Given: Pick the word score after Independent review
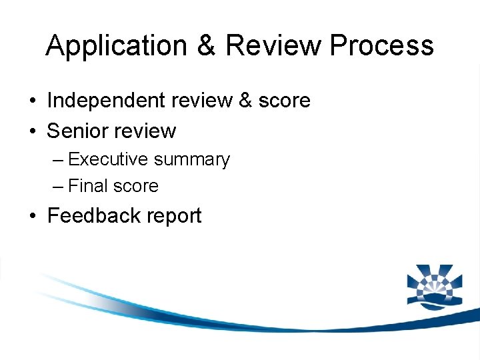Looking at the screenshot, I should click(284, 101).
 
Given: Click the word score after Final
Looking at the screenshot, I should click(135, 186).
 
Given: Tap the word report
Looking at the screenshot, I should click(173, 217).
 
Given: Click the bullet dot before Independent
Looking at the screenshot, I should click(32, 101).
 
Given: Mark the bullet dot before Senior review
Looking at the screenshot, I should click(32, 131).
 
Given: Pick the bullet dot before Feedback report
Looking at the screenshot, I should click(32, 217).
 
